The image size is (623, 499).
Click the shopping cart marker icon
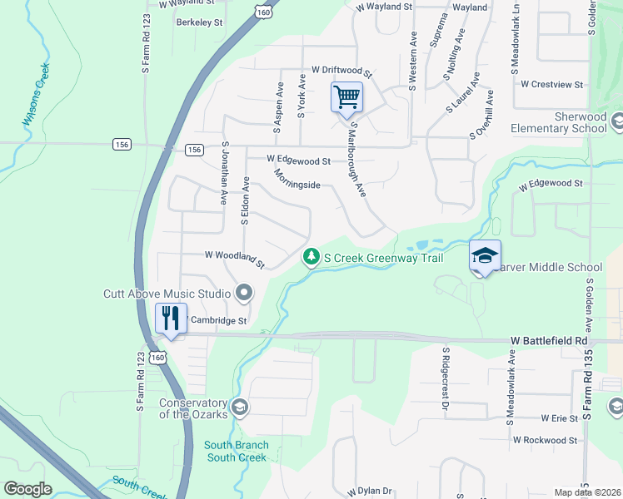point(346,96)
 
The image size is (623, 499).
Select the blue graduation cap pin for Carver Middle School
point(484,257)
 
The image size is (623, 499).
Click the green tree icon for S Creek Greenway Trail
point(311,258)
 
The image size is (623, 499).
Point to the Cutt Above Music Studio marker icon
point(244,293)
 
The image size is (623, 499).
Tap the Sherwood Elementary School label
point(558,123)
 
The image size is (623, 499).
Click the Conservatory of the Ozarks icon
point(240,406)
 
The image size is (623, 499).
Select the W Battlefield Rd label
point(549,341)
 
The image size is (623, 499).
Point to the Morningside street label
point(297,180)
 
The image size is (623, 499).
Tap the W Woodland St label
point(235,259)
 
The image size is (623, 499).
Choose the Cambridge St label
point(219,320)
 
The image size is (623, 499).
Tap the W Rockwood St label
point(546,440)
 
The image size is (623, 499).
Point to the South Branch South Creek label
point(236,451)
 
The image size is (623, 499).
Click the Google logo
point(28,488)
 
